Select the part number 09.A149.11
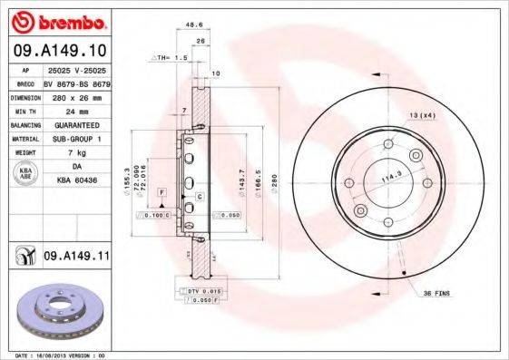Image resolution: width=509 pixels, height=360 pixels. [x=75, y=258]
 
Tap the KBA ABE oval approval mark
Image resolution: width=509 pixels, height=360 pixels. [x=26, y=175]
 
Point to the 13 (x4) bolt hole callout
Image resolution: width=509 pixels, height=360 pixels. [x=422, y=115]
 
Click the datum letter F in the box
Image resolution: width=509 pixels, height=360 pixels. [x=160, y=193]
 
